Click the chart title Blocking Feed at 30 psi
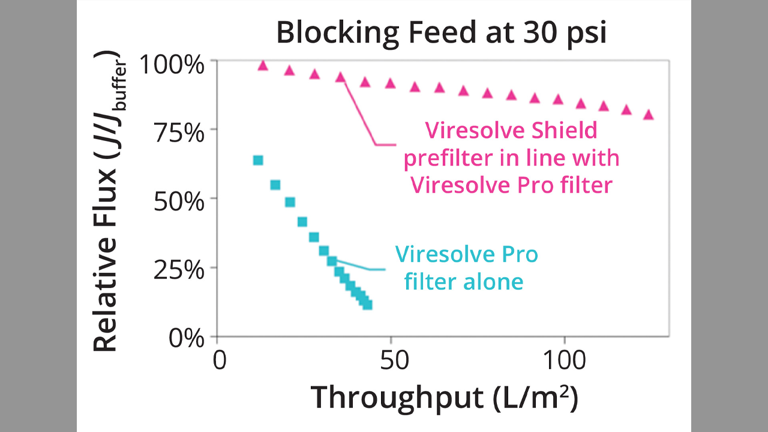(x=441, y=33)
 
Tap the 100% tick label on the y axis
(x=172, y=64)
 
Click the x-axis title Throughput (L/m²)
(x=444, y=397)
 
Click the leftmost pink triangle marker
(x=262, y=65)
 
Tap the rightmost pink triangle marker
(x=648, y=115)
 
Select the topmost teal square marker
(x=258, y=160)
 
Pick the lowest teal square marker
(x=367, y=305)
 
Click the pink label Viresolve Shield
(x=511, y=130)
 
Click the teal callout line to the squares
(x=358, y=266)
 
